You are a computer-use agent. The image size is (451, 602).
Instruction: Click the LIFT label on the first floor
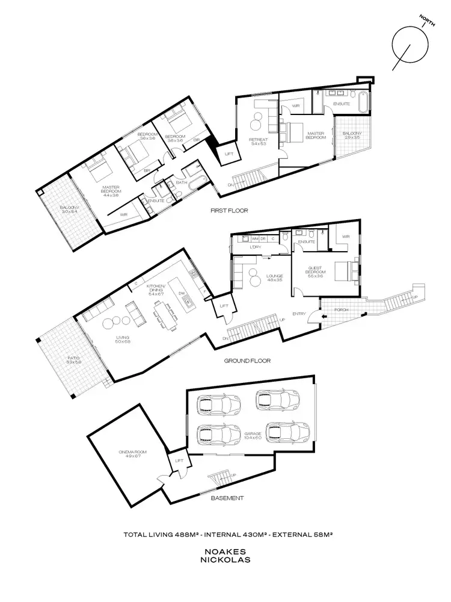pos(228,154)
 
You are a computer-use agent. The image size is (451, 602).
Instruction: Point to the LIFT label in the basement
pos(178,461)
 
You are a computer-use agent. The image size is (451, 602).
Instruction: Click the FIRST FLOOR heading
pos(229,211)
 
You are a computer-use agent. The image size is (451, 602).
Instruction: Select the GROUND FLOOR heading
pos(247,361)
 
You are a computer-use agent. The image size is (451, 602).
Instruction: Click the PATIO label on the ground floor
pos(74,360)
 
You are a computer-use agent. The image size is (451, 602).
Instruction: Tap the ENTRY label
pos(299,314)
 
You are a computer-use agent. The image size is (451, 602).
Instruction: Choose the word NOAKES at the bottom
pos(226,551)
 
